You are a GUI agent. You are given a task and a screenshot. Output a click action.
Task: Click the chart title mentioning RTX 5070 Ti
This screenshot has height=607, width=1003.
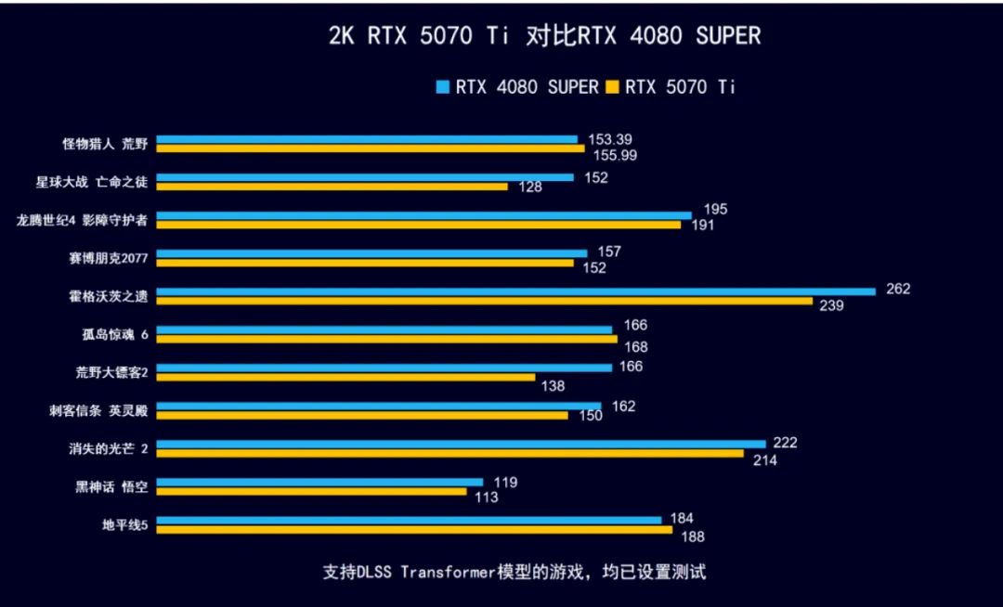(544, 36)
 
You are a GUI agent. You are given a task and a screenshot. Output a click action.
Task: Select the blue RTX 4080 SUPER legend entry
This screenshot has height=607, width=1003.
(518, 87)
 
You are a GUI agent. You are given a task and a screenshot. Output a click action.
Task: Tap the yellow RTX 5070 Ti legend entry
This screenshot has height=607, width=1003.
(671, 87)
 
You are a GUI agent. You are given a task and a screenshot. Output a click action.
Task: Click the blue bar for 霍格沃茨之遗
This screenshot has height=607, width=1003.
(515, 291)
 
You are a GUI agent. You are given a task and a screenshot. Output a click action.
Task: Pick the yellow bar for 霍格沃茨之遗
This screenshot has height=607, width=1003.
(484, 301)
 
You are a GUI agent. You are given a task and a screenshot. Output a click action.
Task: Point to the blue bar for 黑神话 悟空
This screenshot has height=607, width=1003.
(319, 482)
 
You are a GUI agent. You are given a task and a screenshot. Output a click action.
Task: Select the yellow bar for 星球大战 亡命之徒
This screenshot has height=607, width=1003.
(332, 187)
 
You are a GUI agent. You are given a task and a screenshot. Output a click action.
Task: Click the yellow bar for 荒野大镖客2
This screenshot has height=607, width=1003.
(345, 377)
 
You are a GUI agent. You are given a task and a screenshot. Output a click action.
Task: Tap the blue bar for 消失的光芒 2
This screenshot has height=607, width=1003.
(461, 444)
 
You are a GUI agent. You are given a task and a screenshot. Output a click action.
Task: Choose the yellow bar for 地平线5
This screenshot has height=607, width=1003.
(414, 530)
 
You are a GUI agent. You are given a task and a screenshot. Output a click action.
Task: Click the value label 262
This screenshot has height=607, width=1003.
(898, 289)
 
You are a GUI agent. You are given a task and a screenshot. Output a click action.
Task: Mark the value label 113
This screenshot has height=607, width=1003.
(486, 497)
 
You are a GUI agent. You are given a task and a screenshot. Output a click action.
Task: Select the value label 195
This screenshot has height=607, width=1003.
(716, 210)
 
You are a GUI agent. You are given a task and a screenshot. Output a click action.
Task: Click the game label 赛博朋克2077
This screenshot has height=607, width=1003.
(109, 256)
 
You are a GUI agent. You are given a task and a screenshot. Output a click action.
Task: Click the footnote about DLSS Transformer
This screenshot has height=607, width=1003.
(515, 571)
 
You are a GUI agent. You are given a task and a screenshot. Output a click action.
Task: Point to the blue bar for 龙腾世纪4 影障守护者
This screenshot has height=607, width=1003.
(423, 215)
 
